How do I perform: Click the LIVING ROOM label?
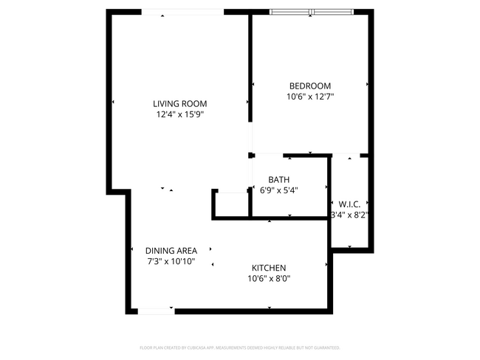pos(179,104)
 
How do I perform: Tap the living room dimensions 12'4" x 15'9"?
pos(179,115)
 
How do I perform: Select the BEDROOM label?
pos(309,86)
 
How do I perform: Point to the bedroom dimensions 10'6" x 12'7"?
pos(310,97)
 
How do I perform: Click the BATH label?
pos(278,179)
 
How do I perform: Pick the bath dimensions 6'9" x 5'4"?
pos(278,190)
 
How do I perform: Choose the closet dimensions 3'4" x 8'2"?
pos(349,215)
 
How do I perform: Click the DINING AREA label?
pos(171,250)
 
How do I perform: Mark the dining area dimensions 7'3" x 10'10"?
pos(171,261)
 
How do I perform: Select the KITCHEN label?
pos(269,268)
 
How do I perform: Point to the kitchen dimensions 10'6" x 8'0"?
pos(269,279)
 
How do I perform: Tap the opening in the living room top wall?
pos(182,12)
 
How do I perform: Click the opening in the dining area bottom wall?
pos(157,311)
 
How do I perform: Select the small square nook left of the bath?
pos(230,204)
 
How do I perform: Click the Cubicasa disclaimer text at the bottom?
pos(240,347)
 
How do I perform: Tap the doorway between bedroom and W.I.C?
pos(346,155)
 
